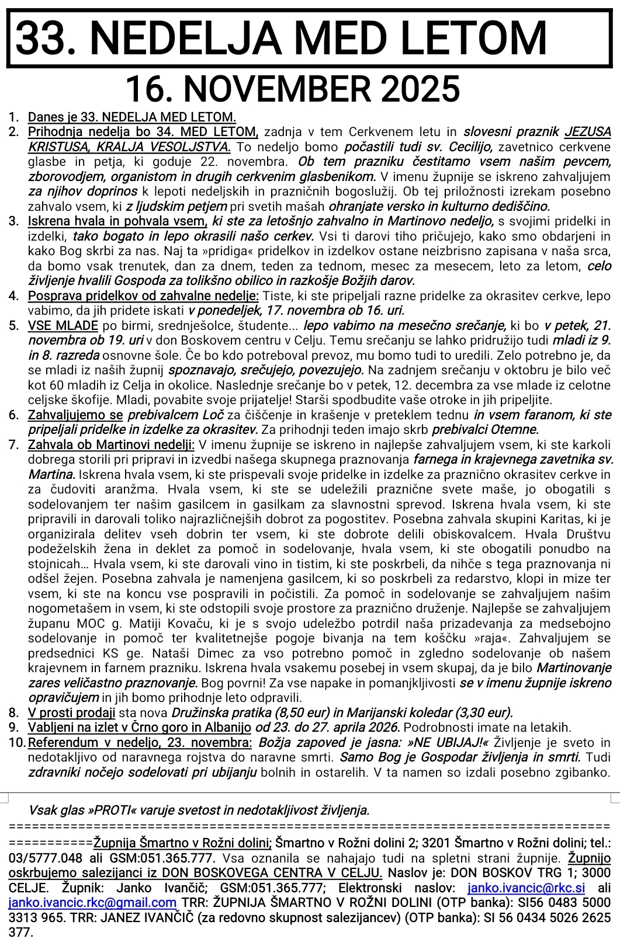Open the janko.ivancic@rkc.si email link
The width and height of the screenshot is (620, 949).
[527, 888]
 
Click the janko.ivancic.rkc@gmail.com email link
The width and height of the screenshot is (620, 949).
[92, 903]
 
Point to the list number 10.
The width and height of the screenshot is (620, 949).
[16, 743]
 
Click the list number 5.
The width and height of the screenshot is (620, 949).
[14, 325]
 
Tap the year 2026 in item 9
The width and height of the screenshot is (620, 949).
[383, 728]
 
